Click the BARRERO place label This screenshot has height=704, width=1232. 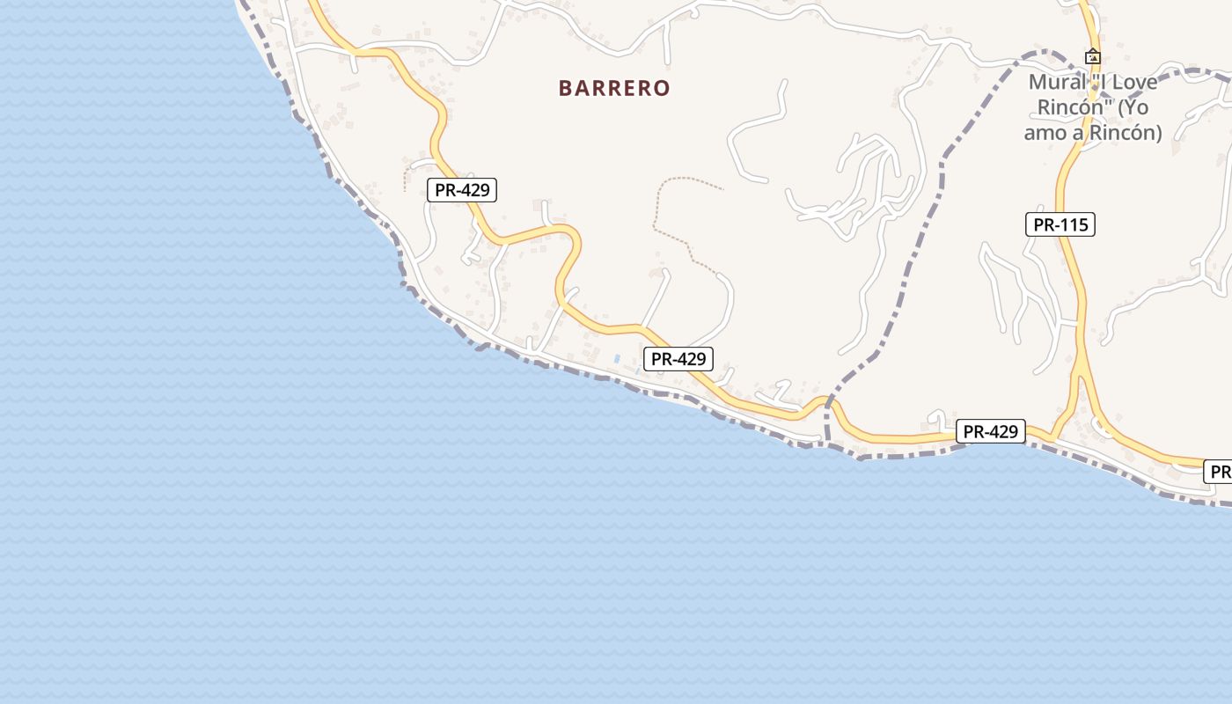tap(614, 88)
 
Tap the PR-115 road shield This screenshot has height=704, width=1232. tap(1060, 224)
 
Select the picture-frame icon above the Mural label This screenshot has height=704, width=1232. tap(1092, 56)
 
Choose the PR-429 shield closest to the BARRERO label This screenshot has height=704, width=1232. tap(462, 189)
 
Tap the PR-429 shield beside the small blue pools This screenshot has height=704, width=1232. tap(678, 358)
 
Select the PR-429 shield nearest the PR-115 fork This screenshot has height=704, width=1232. tap(991, 431)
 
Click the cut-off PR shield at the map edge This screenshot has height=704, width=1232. tap(1219, 472)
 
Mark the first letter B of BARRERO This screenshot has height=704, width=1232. tap(566, 88)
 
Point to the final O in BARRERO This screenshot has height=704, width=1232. tap(663, 88)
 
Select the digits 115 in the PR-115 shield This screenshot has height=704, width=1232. tap(1073, 224)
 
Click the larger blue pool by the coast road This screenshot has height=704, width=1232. tap(617, 359)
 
